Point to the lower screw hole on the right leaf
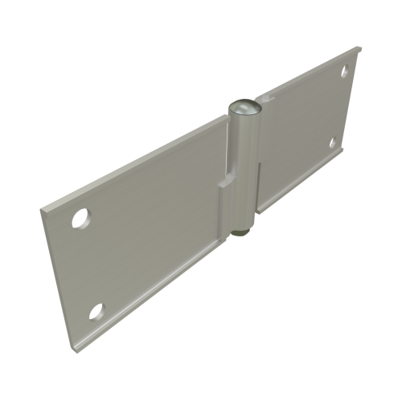333,143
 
